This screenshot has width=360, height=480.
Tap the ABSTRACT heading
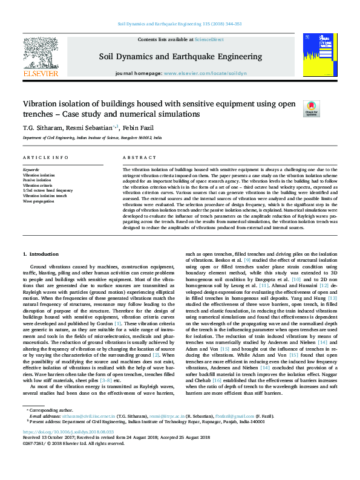click(x=135, y=157)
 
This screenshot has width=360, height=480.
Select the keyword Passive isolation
click(x=37, y=180)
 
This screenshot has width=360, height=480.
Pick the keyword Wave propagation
click(x=38, y=201)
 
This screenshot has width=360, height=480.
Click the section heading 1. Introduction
click(x=41, y=254)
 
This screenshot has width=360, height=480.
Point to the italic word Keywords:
click(x=31, y=170)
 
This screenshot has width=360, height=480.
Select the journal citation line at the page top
click(x=180, y=24)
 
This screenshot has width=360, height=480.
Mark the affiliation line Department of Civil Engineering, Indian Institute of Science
click(x=93, y=138)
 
